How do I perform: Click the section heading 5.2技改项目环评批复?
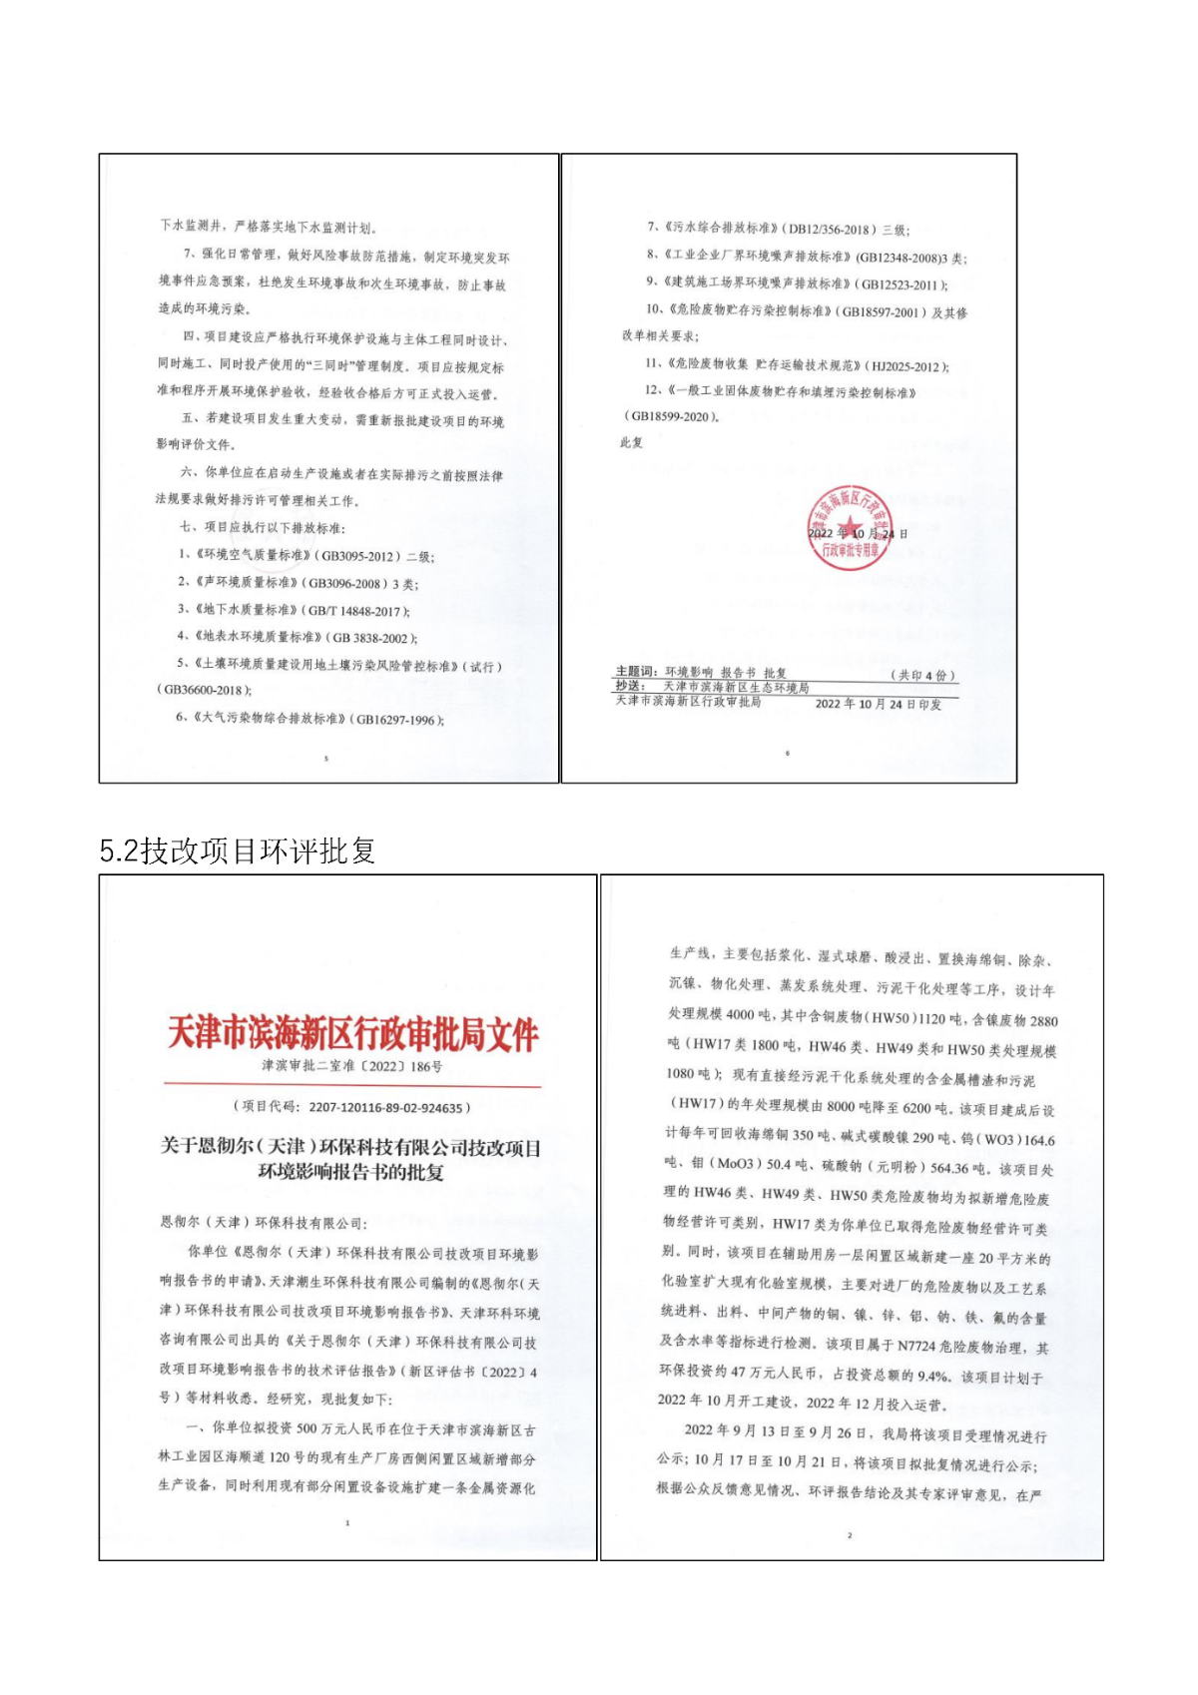[x=238, y=850]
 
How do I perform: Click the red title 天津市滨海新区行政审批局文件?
[x=352, y=1033]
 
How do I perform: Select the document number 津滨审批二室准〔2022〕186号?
[x=352, y=1066]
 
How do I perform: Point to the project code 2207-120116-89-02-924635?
[x=385, y=1107]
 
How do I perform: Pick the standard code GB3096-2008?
[x=343, y=583]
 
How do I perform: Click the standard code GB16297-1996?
[x=395, y=720]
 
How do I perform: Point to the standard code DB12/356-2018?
[x=828, y=231]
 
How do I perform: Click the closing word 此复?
[x=631, y=442]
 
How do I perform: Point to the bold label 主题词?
[x=634, y=673]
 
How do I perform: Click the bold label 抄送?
[x=627, y=687]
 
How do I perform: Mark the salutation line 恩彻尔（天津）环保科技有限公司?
[x=263, y=1222]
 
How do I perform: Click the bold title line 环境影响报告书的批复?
[x=351, y=1172]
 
